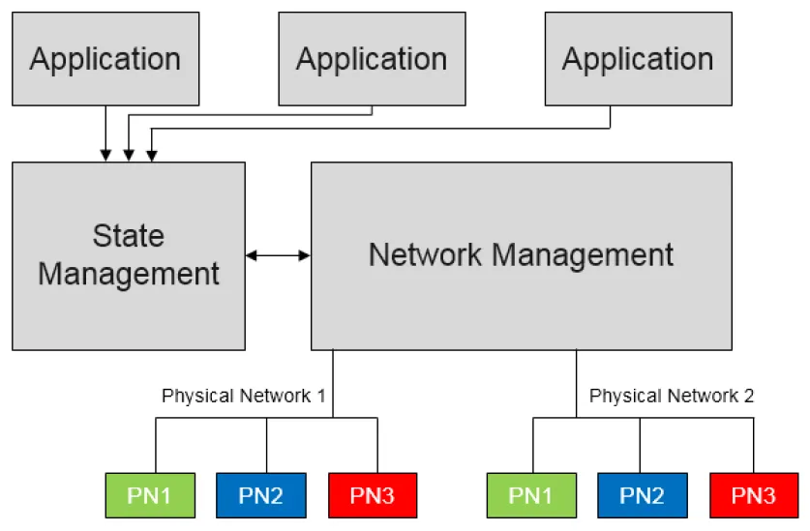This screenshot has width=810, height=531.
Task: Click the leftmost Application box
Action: (x=105, y=59)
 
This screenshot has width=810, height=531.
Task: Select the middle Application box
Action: (x=372, y=59)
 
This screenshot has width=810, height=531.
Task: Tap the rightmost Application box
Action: (x=639, y=59)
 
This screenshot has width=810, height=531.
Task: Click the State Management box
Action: (x=129, y=256)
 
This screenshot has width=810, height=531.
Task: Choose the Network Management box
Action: (x=522, y=256)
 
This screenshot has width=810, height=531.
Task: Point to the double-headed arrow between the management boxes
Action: (x=278, y=255)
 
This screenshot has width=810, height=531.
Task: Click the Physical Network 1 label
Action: (x=244, y=396)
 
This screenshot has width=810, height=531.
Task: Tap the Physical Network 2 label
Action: (x=672, y=396)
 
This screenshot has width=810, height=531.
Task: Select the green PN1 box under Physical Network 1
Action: (x=150, y=495)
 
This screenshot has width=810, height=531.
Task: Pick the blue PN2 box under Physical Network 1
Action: (x=261, y=495)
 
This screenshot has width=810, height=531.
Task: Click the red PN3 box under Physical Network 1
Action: (x=373, y=495)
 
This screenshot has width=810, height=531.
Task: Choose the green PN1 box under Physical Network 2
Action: (x=531, y=495)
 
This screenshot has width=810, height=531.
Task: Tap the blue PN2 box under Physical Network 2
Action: (x=643, y=495)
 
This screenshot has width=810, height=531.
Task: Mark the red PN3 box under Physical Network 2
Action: (x=754, y=495)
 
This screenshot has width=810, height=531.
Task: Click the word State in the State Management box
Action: (x=129, y=236)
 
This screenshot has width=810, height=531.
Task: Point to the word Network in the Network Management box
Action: (x=425, y=254)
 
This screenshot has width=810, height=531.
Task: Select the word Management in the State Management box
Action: (x=129, y=274)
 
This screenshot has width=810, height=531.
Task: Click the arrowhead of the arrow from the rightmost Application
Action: (x=152, y=156)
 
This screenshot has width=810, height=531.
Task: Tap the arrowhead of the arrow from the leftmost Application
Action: (x=105, y=156)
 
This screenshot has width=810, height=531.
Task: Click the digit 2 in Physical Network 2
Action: (x=748, y=396)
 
